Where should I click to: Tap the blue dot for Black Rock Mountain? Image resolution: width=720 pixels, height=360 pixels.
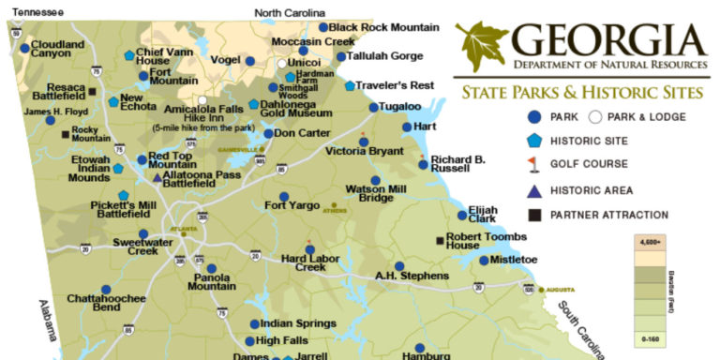click(x=323, y=27)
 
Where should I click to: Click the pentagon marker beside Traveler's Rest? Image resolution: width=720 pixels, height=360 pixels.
click(x=350, y=85)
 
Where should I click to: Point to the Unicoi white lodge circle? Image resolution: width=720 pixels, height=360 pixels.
click(x=281, y=63)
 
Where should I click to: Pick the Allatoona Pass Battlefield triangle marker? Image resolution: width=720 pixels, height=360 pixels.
click(x=156, y=175)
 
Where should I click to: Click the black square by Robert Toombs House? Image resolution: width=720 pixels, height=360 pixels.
click(x=440, y=241)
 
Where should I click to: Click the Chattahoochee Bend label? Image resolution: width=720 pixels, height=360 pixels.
click(x=94, y=302)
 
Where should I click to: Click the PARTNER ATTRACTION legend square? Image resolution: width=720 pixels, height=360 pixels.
click(x=533, y=215)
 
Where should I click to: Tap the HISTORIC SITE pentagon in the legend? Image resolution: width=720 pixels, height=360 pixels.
click(x=533, y=141)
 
